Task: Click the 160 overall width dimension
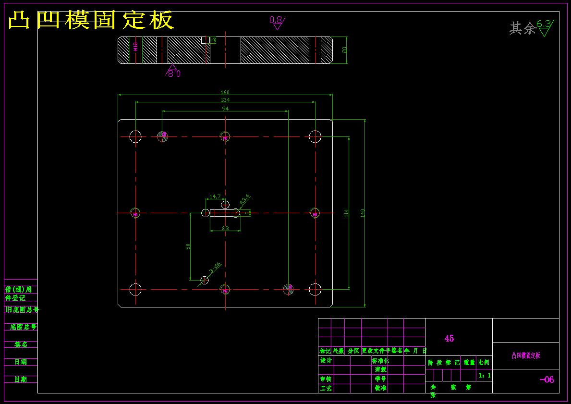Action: point(225,92)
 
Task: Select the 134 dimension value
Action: point(225,100)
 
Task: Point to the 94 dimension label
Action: point(225,109)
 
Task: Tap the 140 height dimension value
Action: point(363,213)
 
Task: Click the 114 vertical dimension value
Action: point(346,213)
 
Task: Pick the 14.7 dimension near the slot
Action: point(215,196)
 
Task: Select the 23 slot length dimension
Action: point(225,229)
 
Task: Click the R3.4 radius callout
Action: point(244,198)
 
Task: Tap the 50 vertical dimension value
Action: point(188,246)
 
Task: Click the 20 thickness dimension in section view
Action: point(344,49)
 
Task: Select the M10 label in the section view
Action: point(136,47)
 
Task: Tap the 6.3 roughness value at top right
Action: point(544,24)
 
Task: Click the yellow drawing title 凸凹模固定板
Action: point(91,21)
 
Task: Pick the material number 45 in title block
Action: point(449,339)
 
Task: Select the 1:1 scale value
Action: point(485,376)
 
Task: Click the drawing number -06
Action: point(547,380)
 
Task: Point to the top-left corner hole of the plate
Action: point(135,136)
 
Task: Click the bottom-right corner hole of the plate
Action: point(315,289)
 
